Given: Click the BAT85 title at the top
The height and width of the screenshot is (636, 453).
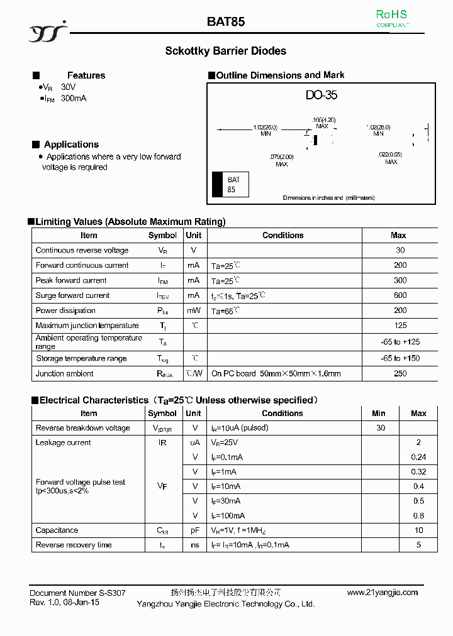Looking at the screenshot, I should coord(226,21).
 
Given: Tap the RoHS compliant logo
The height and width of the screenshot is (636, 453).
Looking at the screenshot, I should coord(391,18).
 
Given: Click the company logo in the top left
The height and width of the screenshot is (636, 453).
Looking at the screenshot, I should coord(47,33).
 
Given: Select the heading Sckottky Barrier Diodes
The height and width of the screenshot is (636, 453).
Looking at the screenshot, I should coord(225,51).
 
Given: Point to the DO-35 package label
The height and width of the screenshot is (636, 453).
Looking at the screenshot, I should coord(322,96).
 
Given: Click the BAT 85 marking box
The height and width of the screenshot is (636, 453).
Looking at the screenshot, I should coord(231,185).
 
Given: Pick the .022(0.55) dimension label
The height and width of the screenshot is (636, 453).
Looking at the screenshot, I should coord(390,158).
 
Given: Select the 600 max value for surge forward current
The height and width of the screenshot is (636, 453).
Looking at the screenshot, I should coord(400,295).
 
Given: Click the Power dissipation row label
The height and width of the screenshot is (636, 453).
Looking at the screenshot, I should coord(65,310).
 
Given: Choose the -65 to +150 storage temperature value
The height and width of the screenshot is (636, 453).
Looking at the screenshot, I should coord(400,358).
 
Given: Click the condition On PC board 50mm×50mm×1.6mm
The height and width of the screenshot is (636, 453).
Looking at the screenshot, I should coord(276,373).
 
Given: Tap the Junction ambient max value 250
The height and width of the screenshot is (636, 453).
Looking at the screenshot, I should coord(400,373).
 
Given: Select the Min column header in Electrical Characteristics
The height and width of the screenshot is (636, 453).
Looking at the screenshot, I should coord(379,413).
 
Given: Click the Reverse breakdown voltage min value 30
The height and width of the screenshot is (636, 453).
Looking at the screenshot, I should coord(380,428).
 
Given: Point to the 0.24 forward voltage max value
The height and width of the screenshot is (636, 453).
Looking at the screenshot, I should coord(418,458).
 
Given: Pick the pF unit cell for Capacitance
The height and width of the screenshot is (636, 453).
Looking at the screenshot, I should coord(195,530).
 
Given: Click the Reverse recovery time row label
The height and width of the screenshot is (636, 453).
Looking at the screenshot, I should coord(73,545).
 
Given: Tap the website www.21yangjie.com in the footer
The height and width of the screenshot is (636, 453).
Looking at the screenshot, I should coord(382,593).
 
